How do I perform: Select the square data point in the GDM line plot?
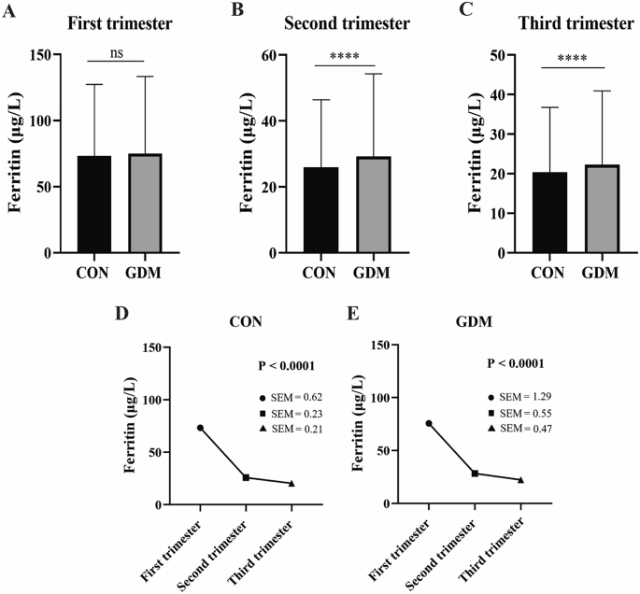[475, 474]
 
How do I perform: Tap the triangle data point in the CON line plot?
[292, 483]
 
